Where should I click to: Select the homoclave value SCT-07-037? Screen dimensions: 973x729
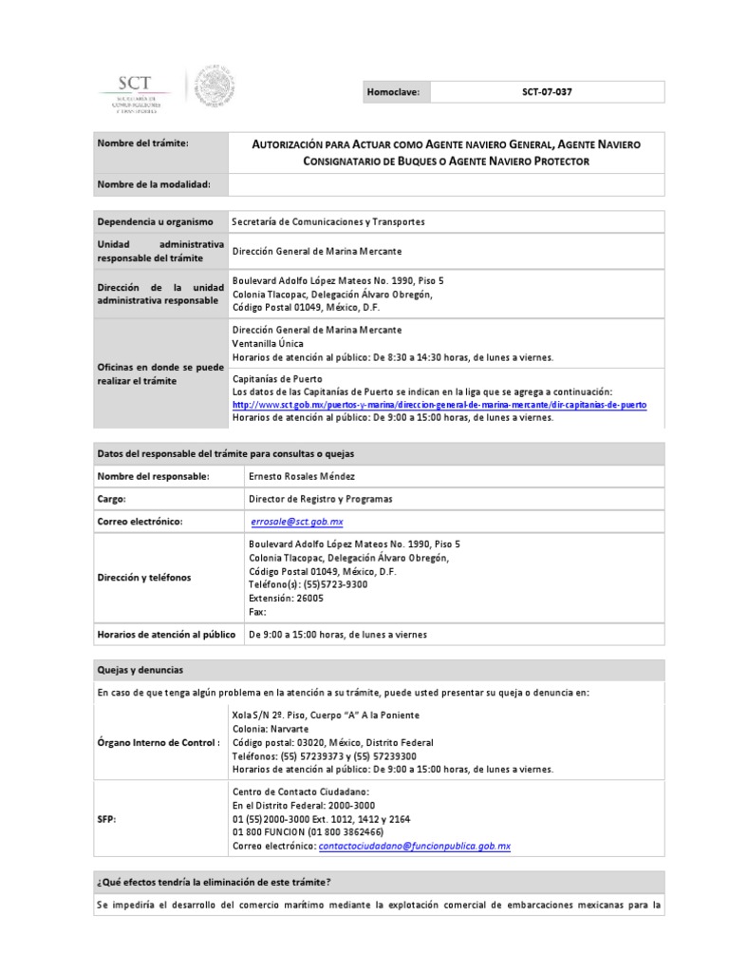[547, 92]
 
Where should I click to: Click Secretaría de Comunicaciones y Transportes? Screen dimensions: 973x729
[328, 221]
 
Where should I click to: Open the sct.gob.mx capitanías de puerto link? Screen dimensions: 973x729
[439, 404]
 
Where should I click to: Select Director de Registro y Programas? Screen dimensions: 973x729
[320, 499]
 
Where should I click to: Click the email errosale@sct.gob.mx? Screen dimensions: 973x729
[297, 523]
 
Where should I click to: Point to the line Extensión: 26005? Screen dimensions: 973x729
[286, 599]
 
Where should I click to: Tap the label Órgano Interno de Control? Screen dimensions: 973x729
[159, 742]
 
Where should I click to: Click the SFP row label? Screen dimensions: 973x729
[106, 818]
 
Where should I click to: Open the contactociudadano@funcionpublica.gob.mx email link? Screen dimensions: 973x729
[415, 846]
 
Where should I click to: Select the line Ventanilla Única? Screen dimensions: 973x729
[268, 343]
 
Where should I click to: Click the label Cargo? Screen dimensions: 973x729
[112, 499]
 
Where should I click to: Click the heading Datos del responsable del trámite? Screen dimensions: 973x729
[226, 452]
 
